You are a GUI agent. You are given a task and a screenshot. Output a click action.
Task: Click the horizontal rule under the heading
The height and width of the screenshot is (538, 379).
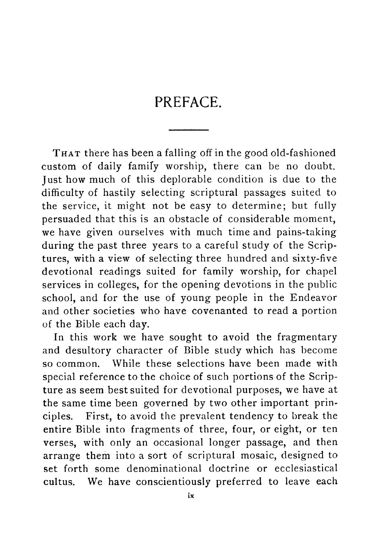(189, 130)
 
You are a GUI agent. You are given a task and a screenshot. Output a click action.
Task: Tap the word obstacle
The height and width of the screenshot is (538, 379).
(188, 219)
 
